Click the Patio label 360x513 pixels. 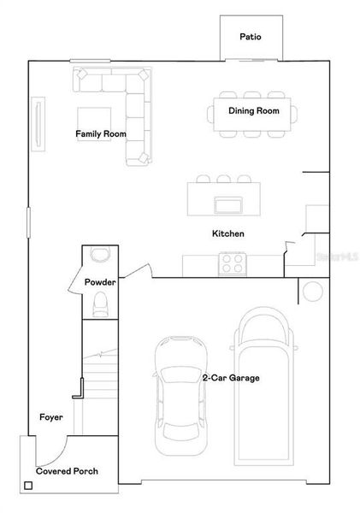coord(250,37)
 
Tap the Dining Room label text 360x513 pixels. coord(253,111)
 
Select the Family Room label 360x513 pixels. coord(101,134)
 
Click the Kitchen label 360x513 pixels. coord(228,233)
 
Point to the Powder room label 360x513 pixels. coord(99,282)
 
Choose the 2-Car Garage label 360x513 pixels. coord(230,377)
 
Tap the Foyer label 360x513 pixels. coord(51,417)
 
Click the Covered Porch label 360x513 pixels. coord(67,471)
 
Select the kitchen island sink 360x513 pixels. coord(228,204)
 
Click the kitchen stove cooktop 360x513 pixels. coord(232,264)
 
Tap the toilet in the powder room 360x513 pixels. coord(100,303)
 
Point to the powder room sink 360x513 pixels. coord(100,254)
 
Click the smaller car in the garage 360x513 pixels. coord(180,395)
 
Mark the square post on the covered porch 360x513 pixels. coord(29,486)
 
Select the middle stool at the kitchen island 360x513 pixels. coord(222,180)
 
